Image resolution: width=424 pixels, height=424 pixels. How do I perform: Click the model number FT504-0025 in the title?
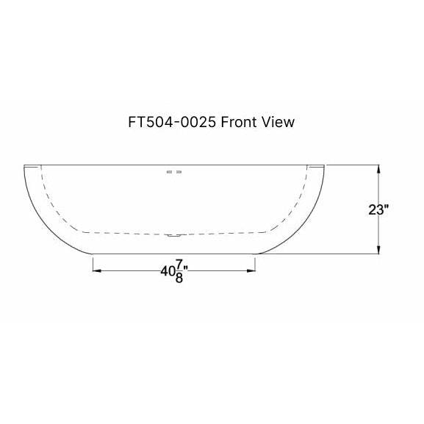[171, 122]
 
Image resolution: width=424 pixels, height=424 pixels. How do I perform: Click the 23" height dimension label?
[378, 209]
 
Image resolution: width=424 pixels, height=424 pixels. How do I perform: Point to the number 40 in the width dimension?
[167, 270]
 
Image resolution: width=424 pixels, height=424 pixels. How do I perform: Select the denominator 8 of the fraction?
[179, 279]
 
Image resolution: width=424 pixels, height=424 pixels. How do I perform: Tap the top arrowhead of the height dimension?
[378, 168]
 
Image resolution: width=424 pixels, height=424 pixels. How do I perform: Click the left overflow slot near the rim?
[170, 172]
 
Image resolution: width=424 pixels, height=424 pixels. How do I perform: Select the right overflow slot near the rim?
[180, 172]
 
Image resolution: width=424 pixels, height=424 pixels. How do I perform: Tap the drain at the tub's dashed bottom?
[174, 235]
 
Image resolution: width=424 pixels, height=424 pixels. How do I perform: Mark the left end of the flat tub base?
[93, 254]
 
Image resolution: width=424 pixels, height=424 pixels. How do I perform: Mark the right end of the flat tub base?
[256, 254]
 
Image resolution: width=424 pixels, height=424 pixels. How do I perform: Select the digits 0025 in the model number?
[198, 122]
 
